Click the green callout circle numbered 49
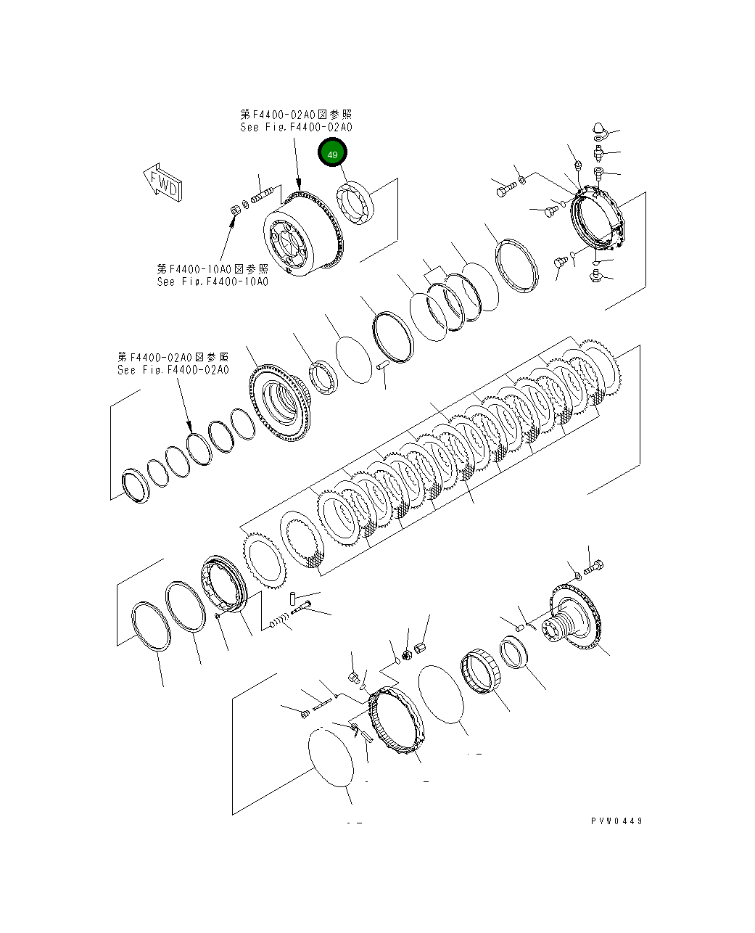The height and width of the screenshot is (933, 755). click(333, 154)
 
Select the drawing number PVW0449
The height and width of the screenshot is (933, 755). click(616, 821)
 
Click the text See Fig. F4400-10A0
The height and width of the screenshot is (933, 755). click(212, 281)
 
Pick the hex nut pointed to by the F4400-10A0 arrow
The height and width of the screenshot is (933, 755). click(235, 210)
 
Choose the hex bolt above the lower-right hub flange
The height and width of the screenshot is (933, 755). click(593, 567)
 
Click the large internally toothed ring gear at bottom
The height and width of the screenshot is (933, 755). click(395, 721)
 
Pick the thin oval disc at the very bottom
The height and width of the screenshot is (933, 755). click(331, 757)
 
